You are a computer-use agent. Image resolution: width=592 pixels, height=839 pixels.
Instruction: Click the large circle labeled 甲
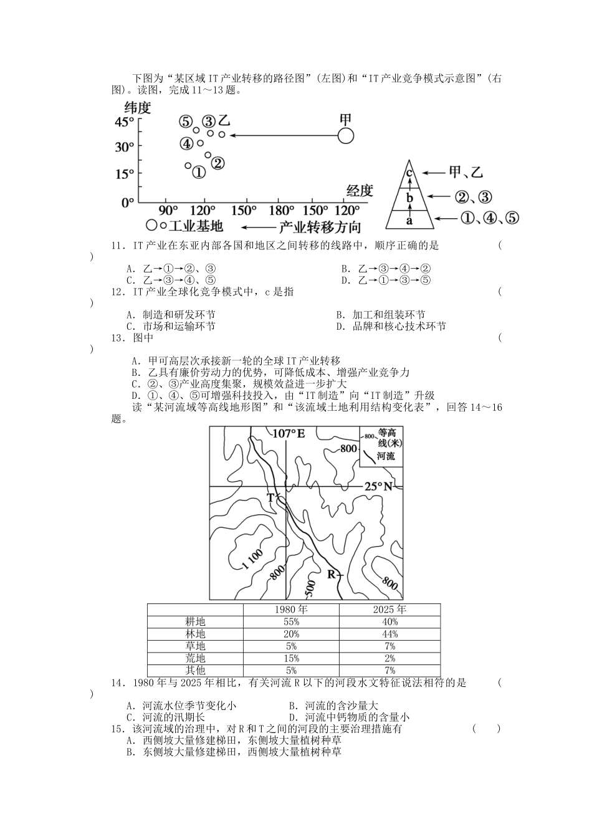click(346, 135)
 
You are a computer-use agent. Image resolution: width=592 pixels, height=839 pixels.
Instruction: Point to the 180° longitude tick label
click(281, 211)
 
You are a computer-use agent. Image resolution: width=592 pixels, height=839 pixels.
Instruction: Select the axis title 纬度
click(138, 107)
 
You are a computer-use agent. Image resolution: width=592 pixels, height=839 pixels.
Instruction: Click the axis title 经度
click(359, 191)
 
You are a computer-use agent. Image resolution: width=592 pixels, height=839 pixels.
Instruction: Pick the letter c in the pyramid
click(409, 173)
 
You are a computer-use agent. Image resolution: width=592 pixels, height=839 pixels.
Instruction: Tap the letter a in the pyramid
click(409, 220)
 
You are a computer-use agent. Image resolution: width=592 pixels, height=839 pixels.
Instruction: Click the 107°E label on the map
click(288, 433)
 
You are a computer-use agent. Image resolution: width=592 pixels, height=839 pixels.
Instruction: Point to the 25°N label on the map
click(378, 486)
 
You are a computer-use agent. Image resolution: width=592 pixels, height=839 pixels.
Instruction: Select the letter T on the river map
click(270, 497)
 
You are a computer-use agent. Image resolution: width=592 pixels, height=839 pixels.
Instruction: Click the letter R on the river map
click(331, 574)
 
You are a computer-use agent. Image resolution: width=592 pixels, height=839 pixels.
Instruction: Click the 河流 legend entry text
click(386, 456)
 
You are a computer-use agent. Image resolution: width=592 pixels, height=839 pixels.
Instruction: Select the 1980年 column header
click(291, 610)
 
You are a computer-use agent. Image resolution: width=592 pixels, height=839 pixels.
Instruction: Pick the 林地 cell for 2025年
click(389, 634)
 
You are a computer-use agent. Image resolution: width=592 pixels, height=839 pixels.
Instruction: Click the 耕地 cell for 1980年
click(291, 621)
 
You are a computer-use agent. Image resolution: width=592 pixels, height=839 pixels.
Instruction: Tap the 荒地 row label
click(195, 658)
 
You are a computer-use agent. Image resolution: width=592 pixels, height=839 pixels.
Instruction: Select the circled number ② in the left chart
click(217, 163)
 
